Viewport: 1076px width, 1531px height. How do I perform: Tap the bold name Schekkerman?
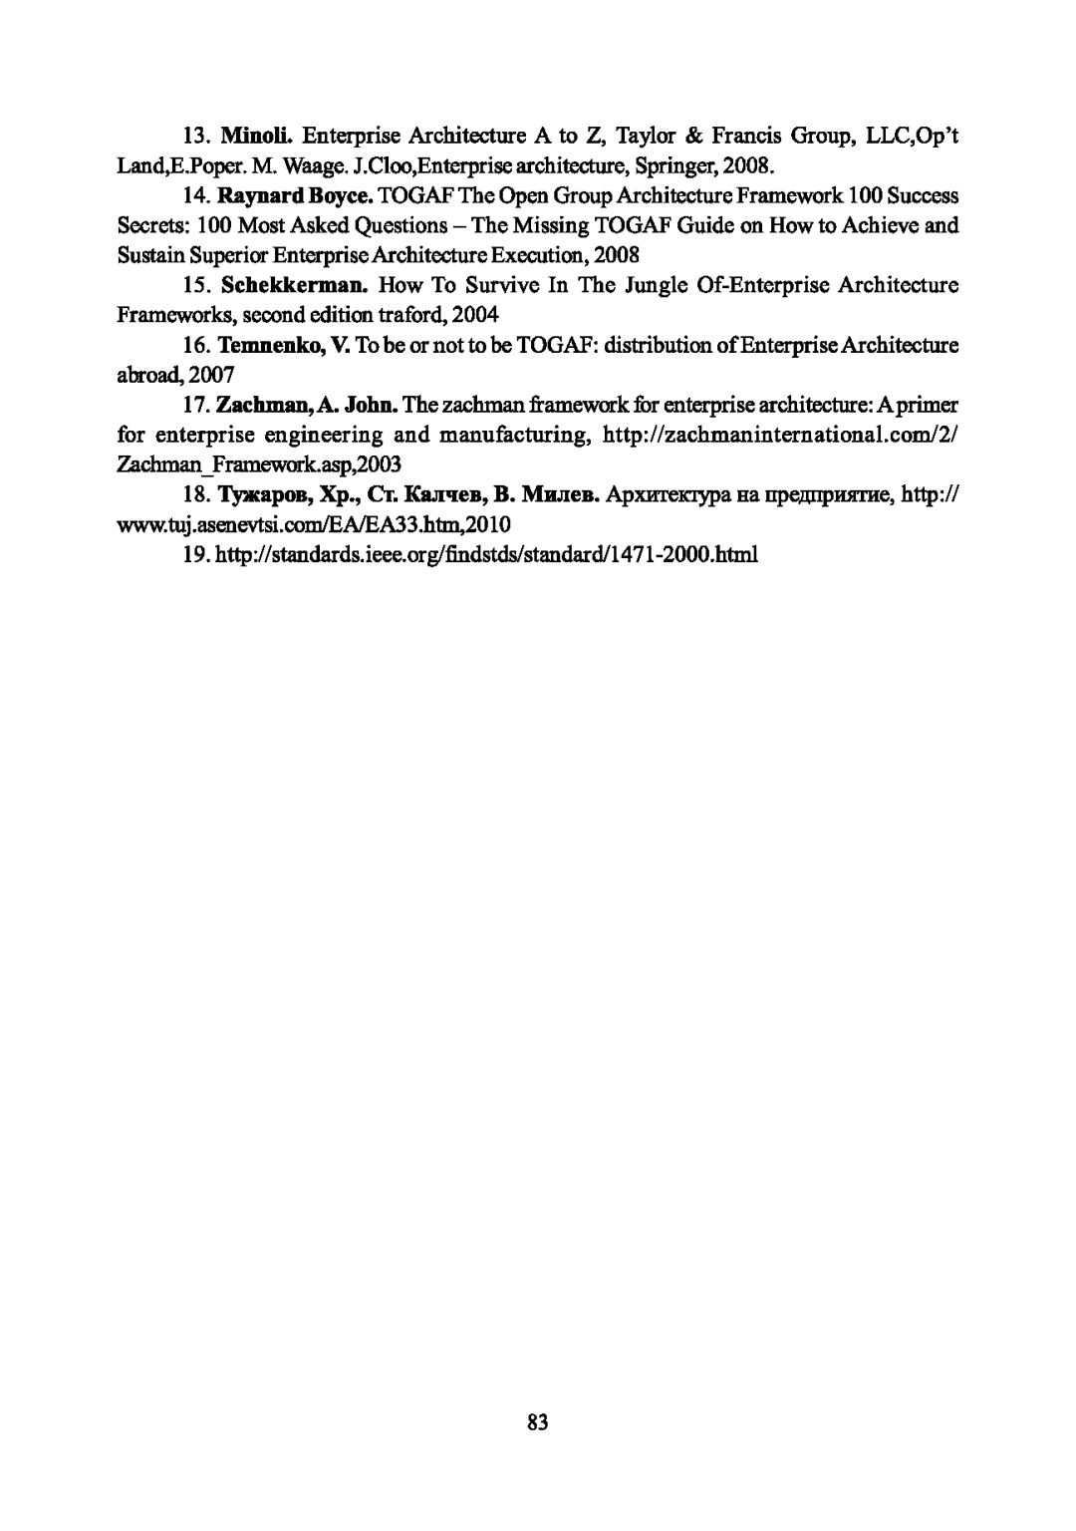(295, 286)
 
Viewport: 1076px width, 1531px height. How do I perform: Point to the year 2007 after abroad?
(213, 375)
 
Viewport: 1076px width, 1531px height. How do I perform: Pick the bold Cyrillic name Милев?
(560, 495)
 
